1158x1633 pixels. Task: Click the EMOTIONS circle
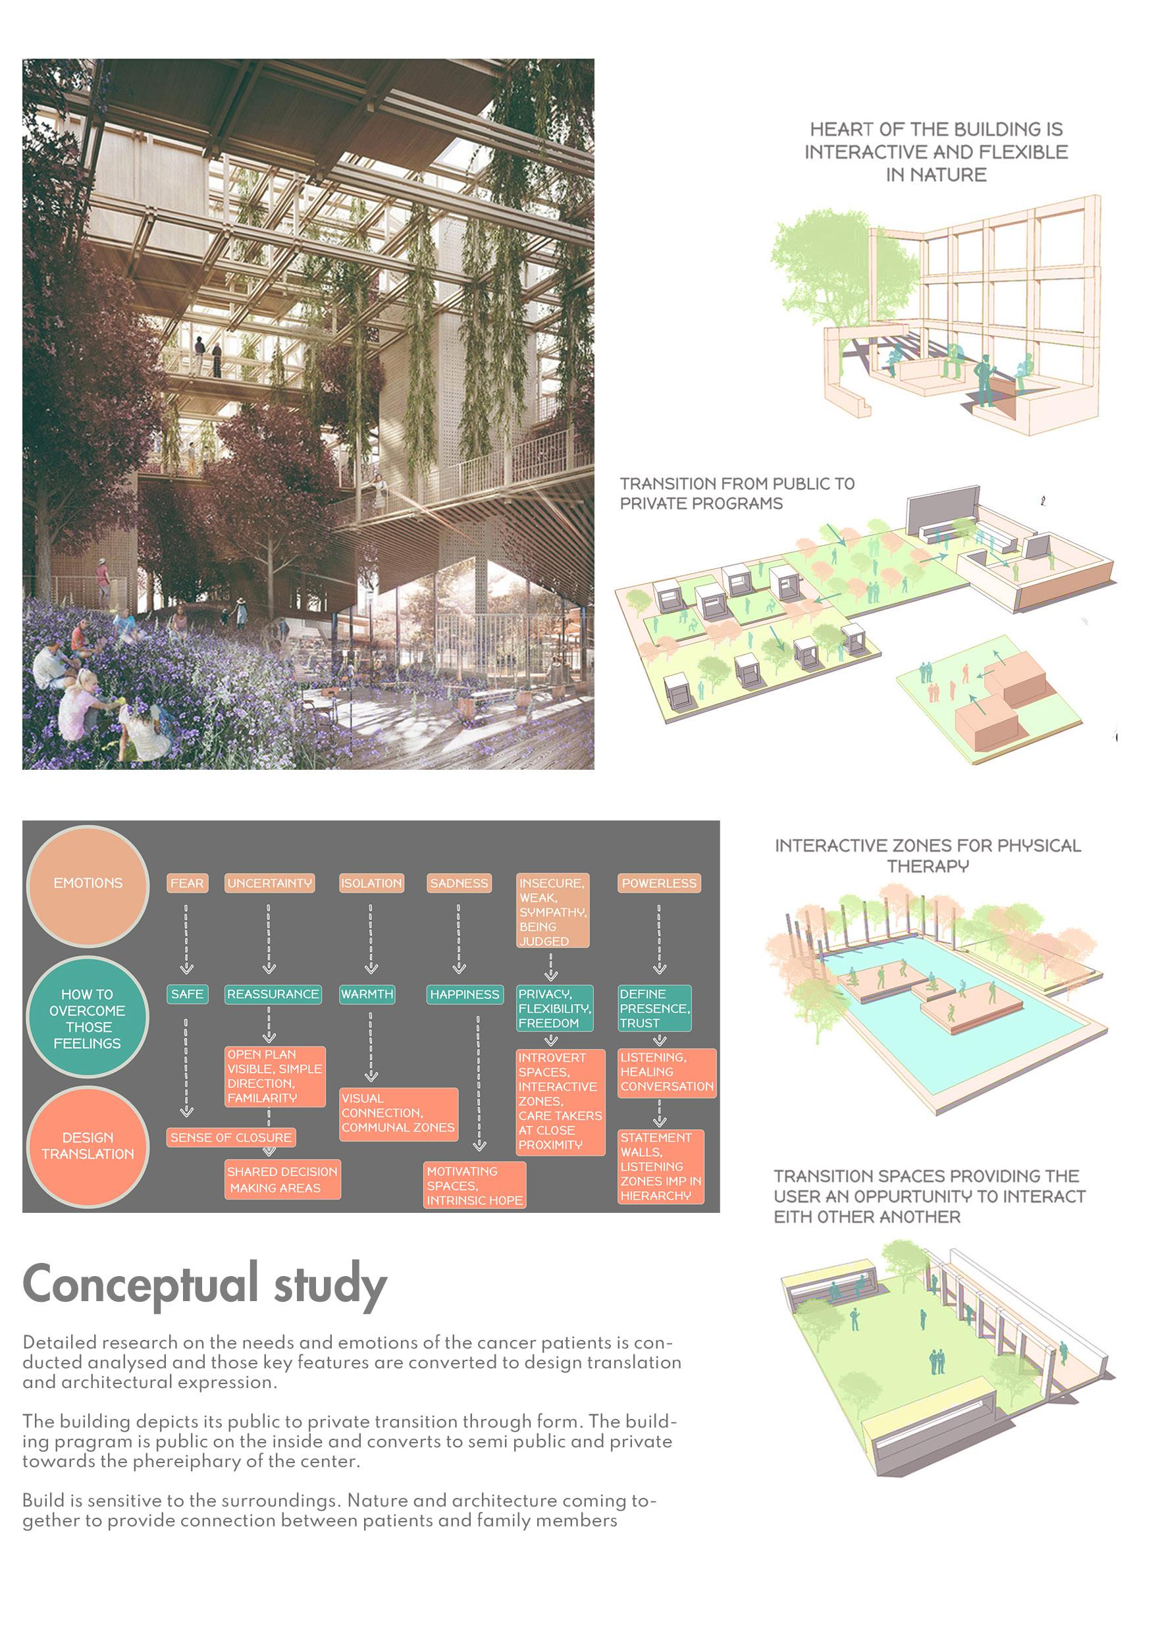coord(88,884)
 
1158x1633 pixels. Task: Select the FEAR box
coord(187,884)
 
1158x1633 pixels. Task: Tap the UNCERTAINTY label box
coord(269,884)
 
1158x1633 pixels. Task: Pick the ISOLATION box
coord(371,884)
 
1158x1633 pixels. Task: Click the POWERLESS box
coord(659,884)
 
